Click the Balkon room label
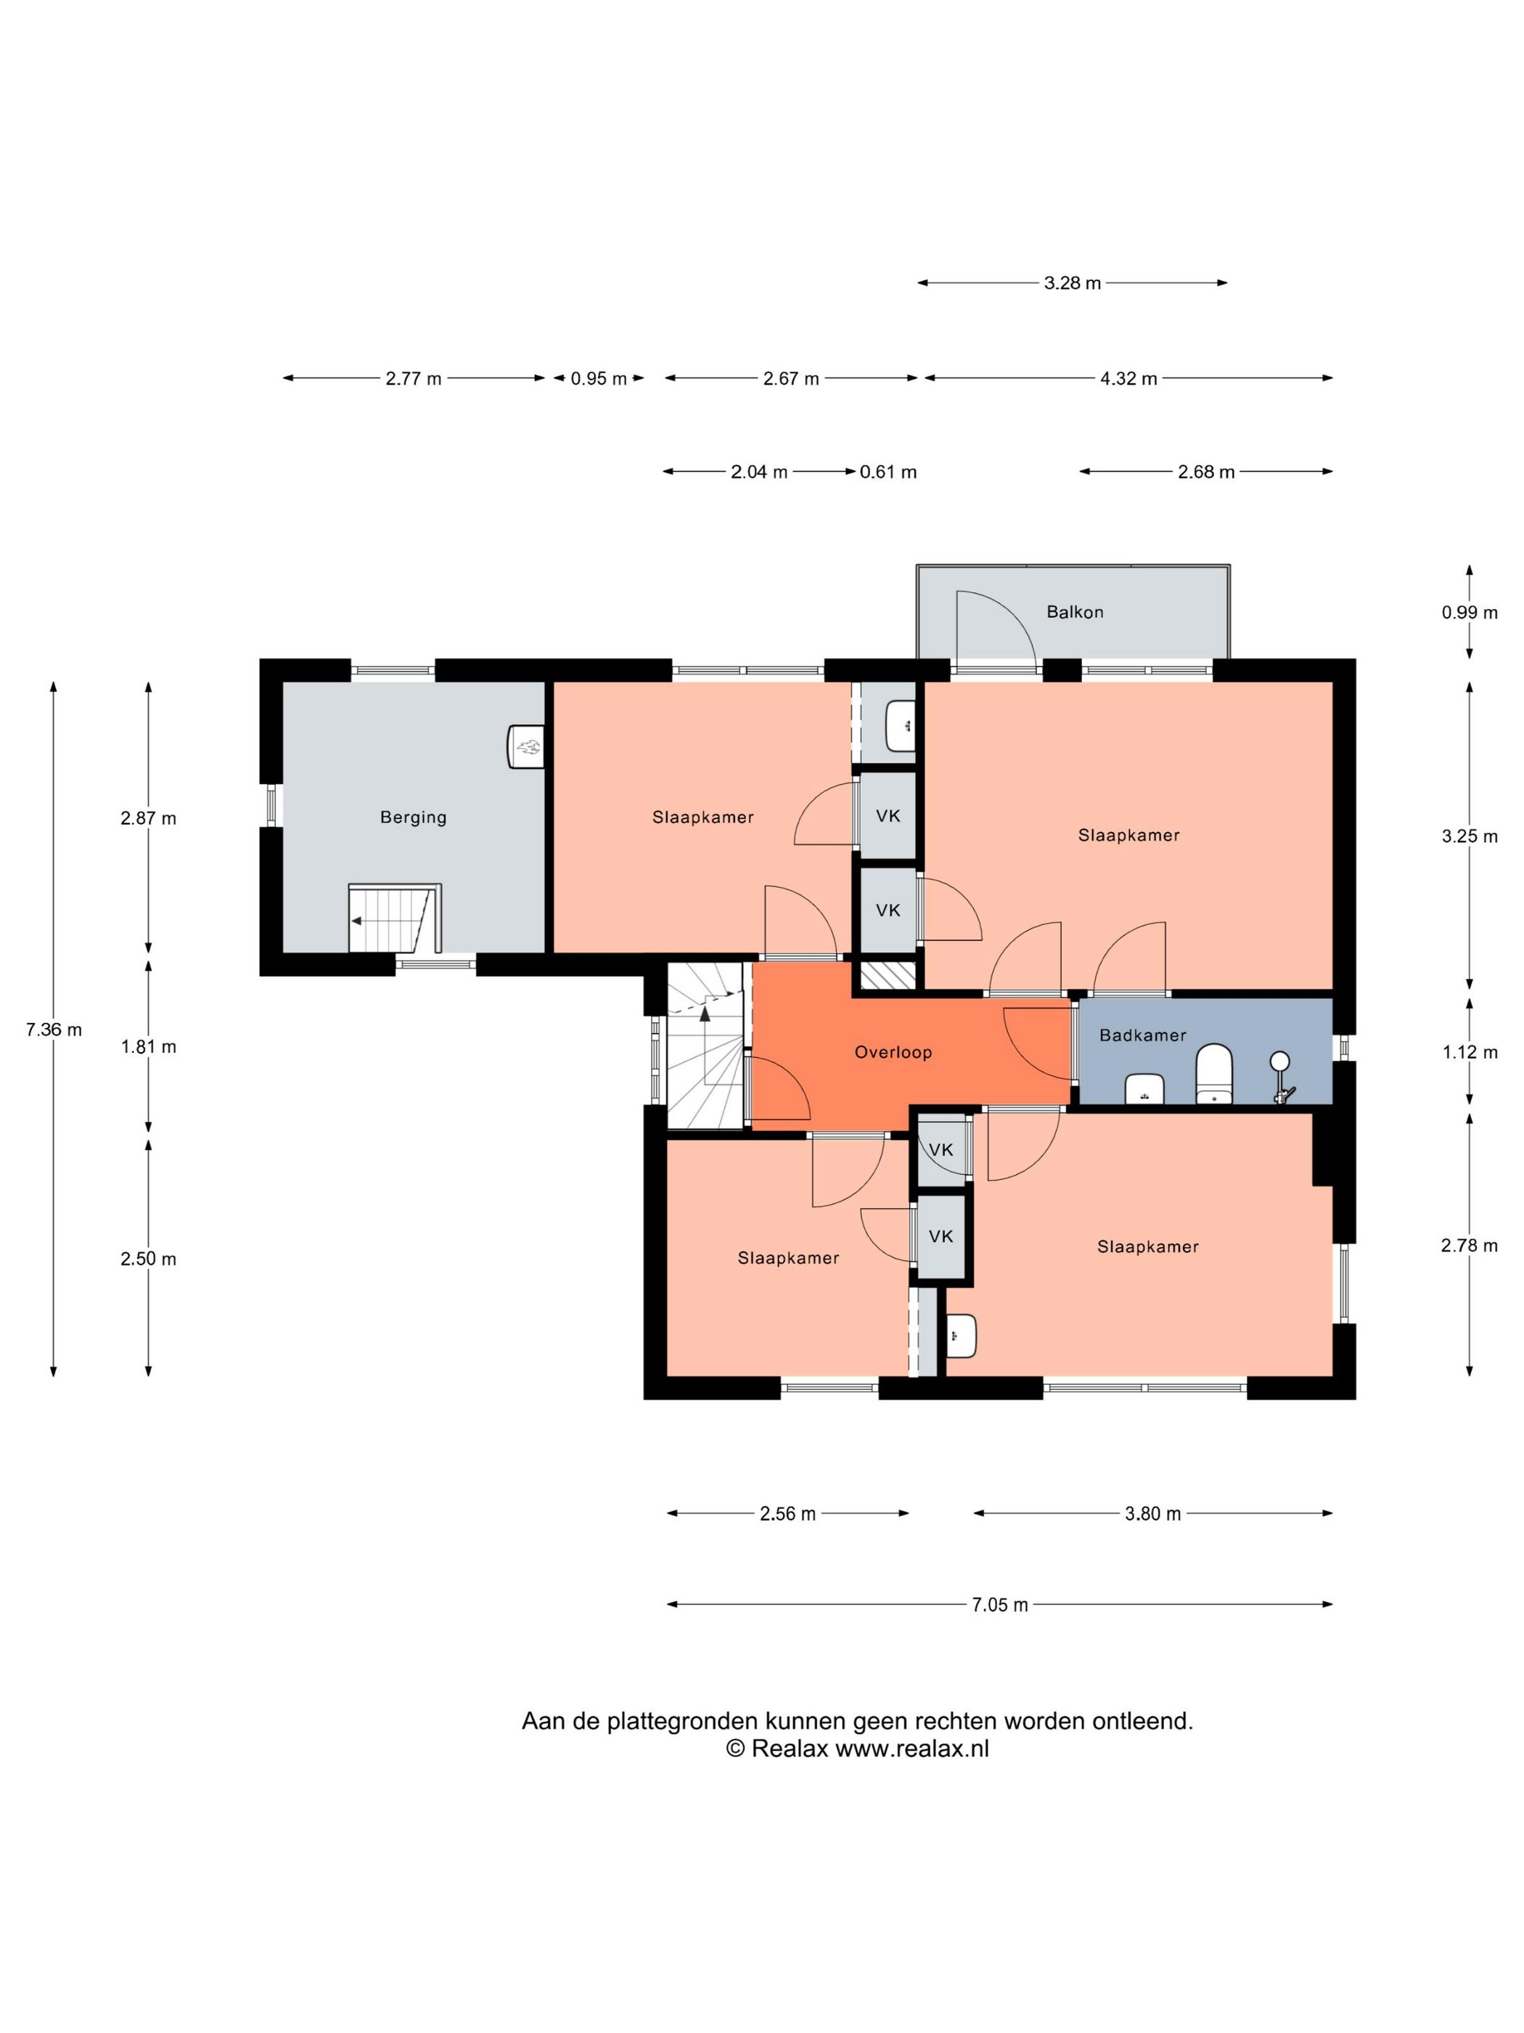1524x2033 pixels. [x=1074, y=612]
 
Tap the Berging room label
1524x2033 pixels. [x=414, y=817]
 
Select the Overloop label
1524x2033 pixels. [x=893, y=1052]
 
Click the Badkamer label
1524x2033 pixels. [x=1143, y=1035]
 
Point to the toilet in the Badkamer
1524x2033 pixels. [x=1213, y=1072]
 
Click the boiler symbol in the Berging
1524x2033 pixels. [x=526, y=746]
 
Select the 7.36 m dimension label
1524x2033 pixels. [x=53, y=1030]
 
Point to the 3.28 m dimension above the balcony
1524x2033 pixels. [x=1072, y=283]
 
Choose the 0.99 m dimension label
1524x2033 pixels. [x=1469, y=612]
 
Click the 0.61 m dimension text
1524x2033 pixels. [x=888, y=473]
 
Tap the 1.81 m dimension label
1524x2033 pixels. [x=149, y=1047]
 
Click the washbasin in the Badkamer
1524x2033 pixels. [x=1144, y=1088]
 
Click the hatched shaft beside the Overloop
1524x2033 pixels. [x=888, y=975]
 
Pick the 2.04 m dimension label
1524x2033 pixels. [x=759, y=473]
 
